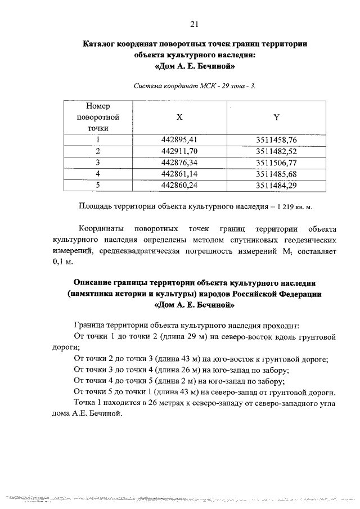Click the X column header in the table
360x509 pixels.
pyautogui.click(x=179, y=117)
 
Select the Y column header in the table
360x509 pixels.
pyautogui.click(x=276, y=117)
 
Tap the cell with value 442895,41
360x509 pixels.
pyautogui.click(x=180, y=139)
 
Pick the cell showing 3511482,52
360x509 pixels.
pyautogui.click(x=276, y=151)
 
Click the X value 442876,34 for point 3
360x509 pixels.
pyautogui.click(x=180, y=162)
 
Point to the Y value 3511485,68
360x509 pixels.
pyautogui.click(x=276, y=173)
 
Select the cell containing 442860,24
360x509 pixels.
pyautogui.click(x=180, y=184)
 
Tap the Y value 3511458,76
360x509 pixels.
pyautogui.click(x=276, y=139)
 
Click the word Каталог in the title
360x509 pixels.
pyautogui.click(x=102, y=43)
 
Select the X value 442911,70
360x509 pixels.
pyautogui.click(x=180, y=151)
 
